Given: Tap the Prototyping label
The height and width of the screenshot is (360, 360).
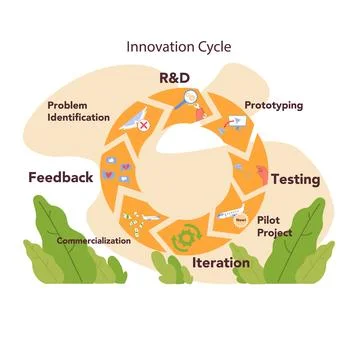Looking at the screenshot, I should [x=273, y=105].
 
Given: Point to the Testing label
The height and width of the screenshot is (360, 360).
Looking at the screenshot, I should [x=296, y=180].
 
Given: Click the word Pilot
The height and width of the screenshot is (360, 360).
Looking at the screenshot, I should [x=269, y=219].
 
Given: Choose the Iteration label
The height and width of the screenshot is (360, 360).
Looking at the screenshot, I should [x=221, y=263].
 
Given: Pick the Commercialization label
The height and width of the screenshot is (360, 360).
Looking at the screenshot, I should [x=94, y=242].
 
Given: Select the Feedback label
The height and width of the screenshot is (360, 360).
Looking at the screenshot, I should [x=61, y=177].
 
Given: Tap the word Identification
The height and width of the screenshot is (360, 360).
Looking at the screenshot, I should [x=78, y=117].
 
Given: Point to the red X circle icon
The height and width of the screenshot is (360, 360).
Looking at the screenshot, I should [x=145, y=125].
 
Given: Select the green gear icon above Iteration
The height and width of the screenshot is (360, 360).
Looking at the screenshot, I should [x=185, y=240].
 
